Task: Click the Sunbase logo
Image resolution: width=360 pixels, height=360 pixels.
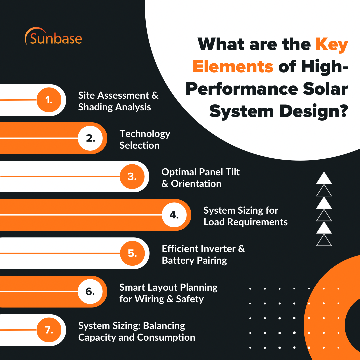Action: (x=53, y=37)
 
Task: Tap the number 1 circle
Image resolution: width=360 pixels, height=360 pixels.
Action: (x=49, y=100)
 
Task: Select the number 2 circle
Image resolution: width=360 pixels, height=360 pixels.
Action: (x=91, y=138)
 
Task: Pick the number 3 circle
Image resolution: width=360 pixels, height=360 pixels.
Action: (x=132, y=176)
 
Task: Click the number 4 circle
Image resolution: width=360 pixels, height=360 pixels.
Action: (x=174, y=215)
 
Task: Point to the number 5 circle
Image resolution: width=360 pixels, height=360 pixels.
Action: (x=132, y=253)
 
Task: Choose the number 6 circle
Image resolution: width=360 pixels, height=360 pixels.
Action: (x=91, y=291)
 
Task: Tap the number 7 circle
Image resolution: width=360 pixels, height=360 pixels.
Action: (x=49, y=330)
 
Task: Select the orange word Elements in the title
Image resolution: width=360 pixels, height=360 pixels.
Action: (x=233, y=66)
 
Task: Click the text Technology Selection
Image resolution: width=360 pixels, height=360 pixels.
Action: (x=145, y=140)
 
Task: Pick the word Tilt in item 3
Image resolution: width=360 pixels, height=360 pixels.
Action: (x=232, y=172)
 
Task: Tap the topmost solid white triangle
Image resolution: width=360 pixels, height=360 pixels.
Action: (x=324, y=178)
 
